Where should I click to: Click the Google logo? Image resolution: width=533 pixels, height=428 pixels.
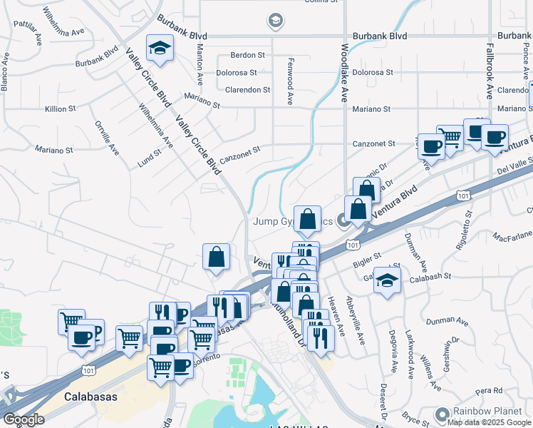pos(24,419)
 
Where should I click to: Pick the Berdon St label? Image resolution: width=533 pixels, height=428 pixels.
pos(247,54)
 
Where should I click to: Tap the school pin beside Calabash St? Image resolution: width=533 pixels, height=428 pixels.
pos(387,279)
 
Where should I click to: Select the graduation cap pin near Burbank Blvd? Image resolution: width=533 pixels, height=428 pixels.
pos(160,49)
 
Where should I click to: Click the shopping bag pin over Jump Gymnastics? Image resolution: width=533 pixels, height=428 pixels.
pos(307,219)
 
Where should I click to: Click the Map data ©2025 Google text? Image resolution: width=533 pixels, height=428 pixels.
pos(490,422)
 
